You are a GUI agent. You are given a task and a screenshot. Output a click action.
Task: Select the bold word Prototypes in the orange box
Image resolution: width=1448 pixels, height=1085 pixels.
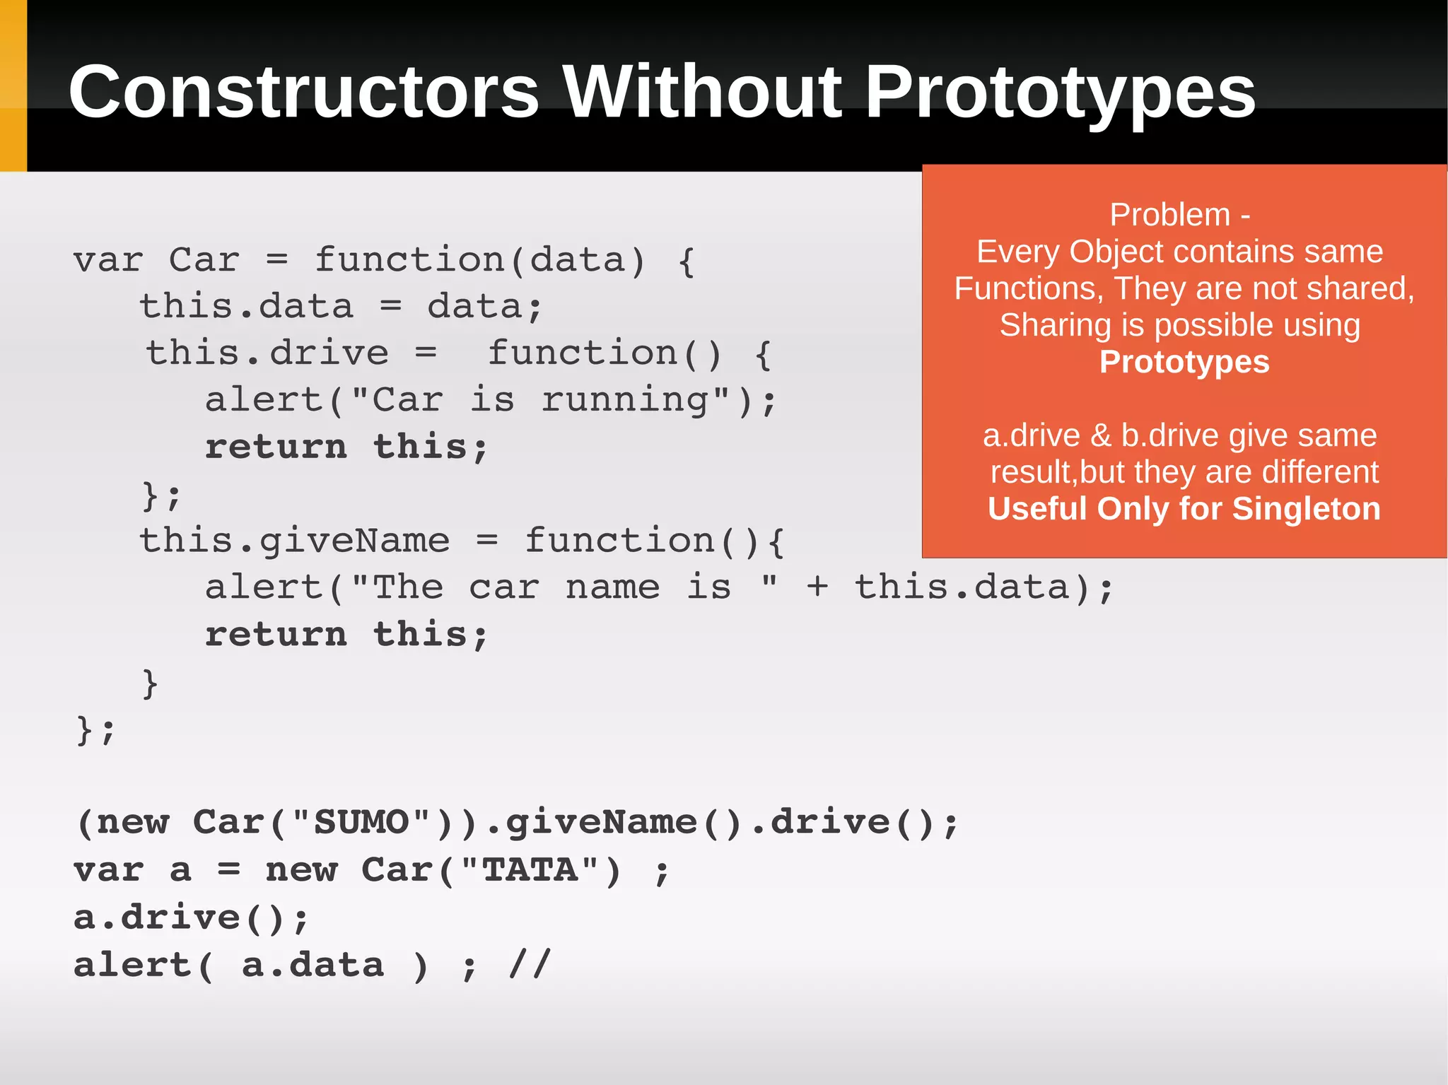click(x=1184, y=362)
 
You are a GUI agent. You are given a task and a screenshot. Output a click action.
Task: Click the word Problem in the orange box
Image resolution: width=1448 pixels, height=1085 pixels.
click(x=1169, y=215)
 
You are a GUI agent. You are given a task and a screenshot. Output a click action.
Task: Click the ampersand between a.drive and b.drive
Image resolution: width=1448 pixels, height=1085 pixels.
click(x=1100, y=435)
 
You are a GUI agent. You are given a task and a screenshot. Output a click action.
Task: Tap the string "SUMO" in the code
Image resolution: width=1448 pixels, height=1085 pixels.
click(x=361, y=823)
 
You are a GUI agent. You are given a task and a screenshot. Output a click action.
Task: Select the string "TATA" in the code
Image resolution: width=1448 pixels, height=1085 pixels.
click(x=530, y=870)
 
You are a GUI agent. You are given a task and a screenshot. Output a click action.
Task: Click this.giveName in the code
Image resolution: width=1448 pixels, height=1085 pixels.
click(x=294, y=541)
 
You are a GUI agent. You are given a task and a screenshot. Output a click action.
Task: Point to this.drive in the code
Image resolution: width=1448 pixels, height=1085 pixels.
click(x=267, y=353)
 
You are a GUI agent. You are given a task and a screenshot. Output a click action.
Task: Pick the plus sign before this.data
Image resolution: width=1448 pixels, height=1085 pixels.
click(x=817, y=587)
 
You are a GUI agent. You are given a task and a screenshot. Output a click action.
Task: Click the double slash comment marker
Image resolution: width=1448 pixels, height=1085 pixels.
click(x=530, y=965)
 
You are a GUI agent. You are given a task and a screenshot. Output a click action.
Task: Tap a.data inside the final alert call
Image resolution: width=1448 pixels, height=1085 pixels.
click(x=313, y=966)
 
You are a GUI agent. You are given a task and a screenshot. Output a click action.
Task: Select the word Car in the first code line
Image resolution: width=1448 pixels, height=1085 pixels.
click(x=204, y=260)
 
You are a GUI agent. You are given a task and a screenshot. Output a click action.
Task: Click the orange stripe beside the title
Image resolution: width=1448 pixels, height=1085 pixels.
click(x=13, y=85)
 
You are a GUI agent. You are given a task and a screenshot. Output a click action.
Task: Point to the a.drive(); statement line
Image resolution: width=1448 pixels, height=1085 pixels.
click(x=191, y=918)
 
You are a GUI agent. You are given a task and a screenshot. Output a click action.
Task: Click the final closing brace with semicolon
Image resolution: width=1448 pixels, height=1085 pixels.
click(x=95, y=730)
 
